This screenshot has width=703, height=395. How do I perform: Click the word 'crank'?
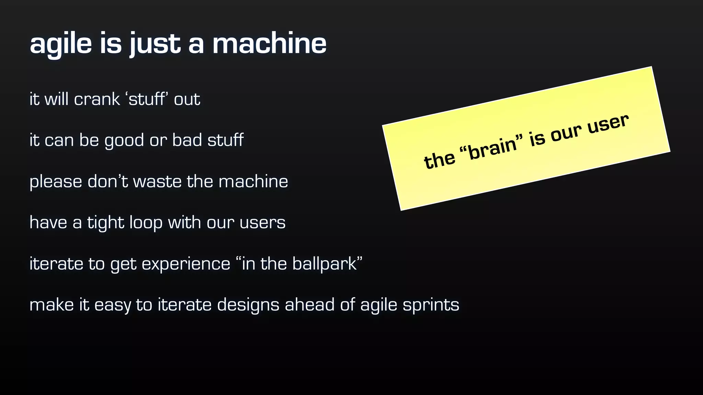coord(97,99)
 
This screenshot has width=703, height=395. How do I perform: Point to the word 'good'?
coord(124,141)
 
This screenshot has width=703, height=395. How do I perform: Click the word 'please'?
coord(56,182)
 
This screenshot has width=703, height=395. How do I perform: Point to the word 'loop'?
coord(146,223)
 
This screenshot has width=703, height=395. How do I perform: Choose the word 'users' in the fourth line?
coord(262,223)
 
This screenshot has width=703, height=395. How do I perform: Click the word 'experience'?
coord(186,264)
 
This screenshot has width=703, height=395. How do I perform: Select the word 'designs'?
coord(248,305)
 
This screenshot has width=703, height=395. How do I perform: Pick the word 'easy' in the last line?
coord(113,305)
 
